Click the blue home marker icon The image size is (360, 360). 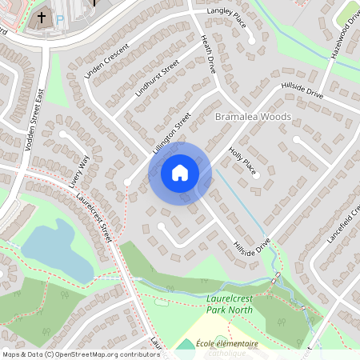coord(180,173)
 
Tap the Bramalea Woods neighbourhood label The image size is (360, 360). coord(254,117)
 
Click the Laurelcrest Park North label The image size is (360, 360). coord(224,304)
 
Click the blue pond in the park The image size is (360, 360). coord(56,252)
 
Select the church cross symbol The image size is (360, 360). coord(42,16)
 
